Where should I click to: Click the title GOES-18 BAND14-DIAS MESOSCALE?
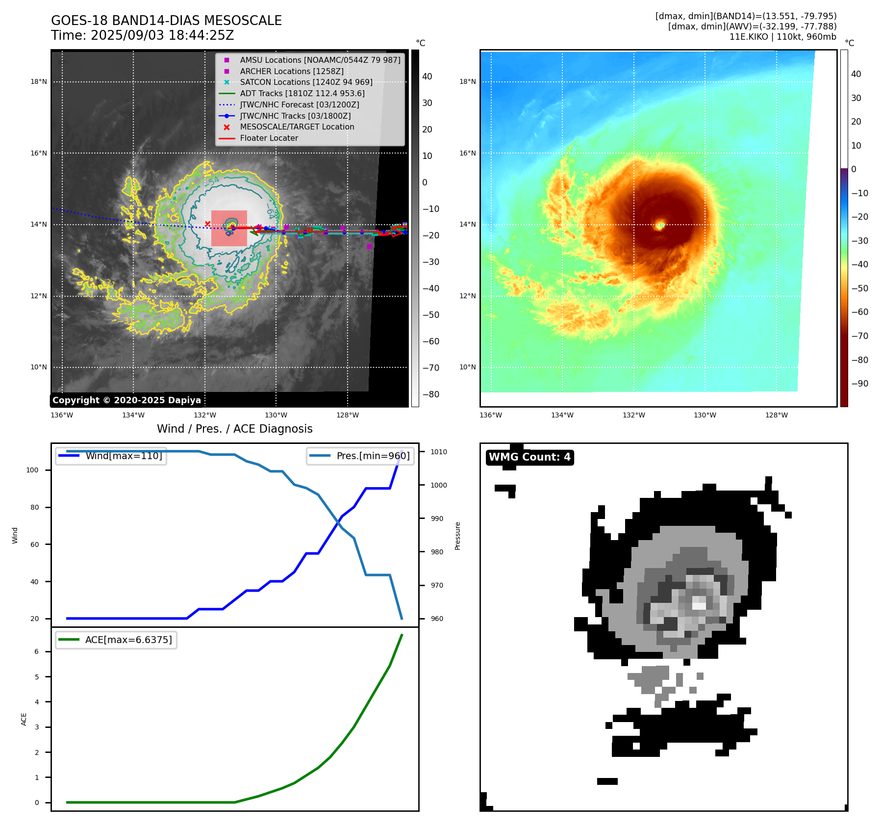[166, 21]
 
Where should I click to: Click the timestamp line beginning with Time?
[142, 35]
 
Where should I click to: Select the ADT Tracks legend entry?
[302, 93]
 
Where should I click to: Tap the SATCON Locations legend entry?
[306, 82]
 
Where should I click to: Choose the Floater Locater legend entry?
[269, 138]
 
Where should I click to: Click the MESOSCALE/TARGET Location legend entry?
[297, 127]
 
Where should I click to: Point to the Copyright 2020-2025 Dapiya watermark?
[126, 400]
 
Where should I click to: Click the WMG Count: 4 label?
[529, 457]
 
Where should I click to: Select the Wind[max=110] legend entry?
[124, 456]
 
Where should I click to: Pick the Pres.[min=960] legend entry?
[373, 456]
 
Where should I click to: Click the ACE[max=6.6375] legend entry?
[128, 640]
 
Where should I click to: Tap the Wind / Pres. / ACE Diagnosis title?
[234, 429]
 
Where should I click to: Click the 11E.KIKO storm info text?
[782, 37]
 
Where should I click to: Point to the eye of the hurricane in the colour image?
[660, 225]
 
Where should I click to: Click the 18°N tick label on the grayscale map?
[39, 82]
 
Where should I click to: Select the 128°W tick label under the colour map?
[776, 415]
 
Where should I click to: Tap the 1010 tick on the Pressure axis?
[439, 452]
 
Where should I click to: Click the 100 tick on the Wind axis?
[32, 470]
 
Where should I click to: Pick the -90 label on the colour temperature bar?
[859, 384]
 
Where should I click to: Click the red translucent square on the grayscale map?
[229, 229]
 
